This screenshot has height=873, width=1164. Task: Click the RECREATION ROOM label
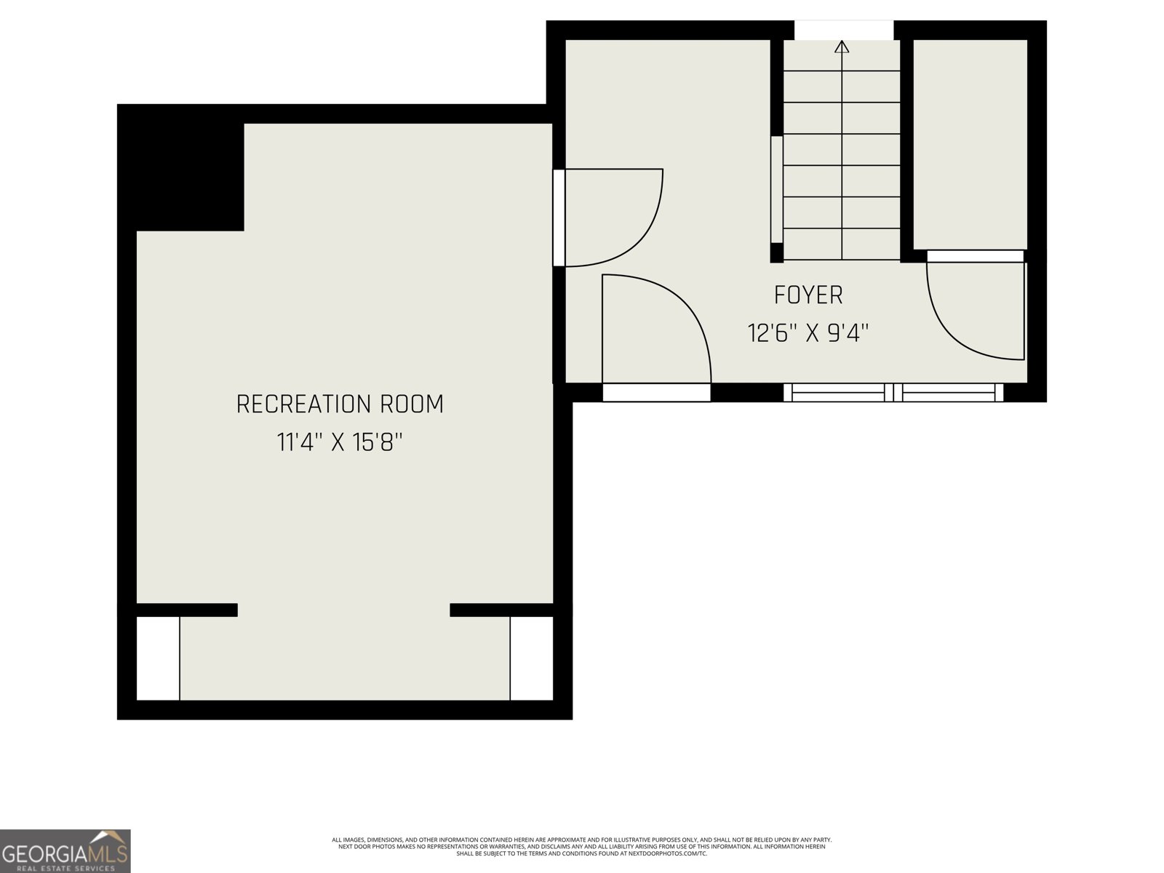[x=340, y=404]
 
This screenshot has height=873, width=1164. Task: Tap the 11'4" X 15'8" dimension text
[x=340, y=442]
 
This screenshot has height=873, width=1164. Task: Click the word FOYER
[x=808, y=295]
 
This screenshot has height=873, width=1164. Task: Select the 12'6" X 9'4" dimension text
[x=808, y=333]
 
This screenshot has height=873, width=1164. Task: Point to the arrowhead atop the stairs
[x=842, y=47]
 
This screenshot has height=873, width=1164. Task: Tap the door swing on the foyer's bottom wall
[x=655, y=327]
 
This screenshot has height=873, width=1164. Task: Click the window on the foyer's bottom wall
[x=893, y=393]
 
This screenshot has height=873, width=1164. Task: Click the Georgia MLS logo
[x=65, y=851]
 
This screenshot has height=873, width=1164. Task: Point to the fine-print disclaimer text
[x=582, y=846]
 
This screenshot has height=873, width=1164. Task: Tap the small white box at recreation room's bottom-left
[x=158, y=658]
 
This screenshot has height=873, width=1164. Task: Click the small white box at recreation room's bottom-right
[x=532, y=658]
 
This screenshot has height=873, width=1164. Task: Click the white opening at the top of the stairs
[x=843, y=31]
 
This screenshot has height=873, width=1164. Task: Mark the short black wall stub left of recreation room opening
[x=187, y=610]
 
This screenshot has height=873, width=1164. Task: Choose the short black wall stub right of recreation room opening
[x=501, y=610]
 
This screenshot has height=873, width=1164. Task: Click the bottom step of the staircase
[x=842, y=244]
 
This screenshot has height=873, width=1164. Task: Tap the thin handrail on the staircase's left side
[x=776, y=189]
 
